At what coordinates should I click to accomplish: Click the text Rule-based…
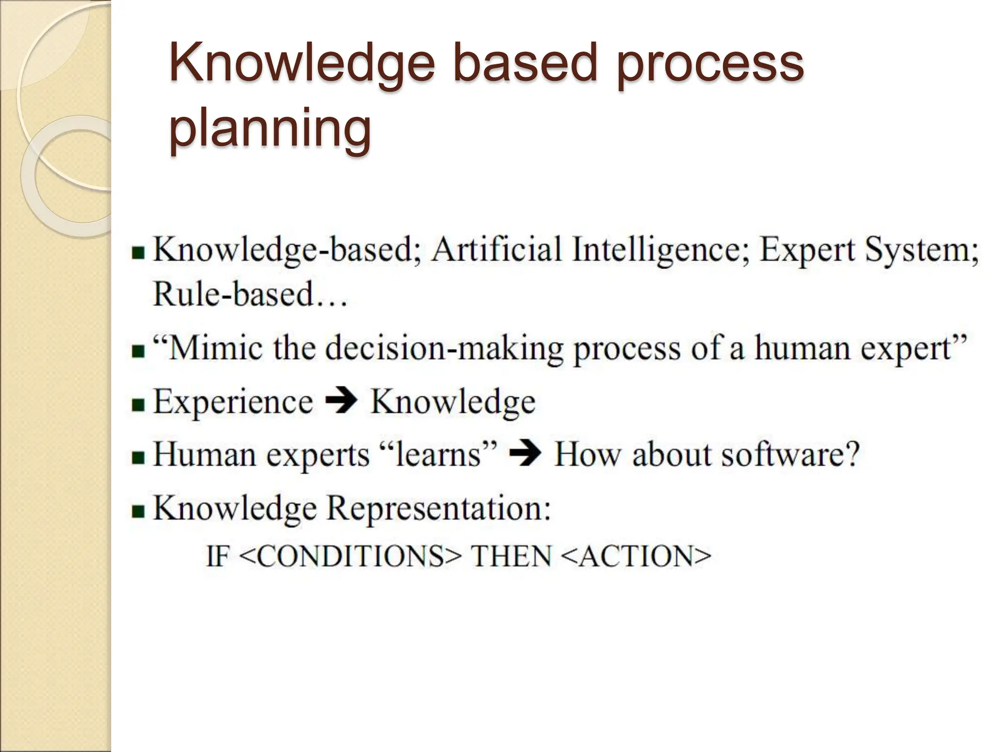coord(250,295)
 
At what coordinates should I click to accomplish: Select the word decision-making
coord(444,349)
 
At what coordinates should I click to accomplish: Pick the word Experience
coord(233,402)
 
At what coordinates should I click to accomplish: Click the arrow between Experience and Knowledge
coord(341,401)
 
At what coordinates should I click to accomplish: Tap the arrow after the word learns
coord(525,455)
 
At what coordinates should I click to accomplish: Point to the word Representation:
coord(438,509)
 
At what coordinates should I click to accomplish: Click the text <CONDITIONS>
coord(351,557)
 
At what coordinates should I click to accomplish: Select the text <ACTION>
coord(636,557)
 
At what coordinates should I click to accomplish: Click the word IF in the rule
coord(217,557)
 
